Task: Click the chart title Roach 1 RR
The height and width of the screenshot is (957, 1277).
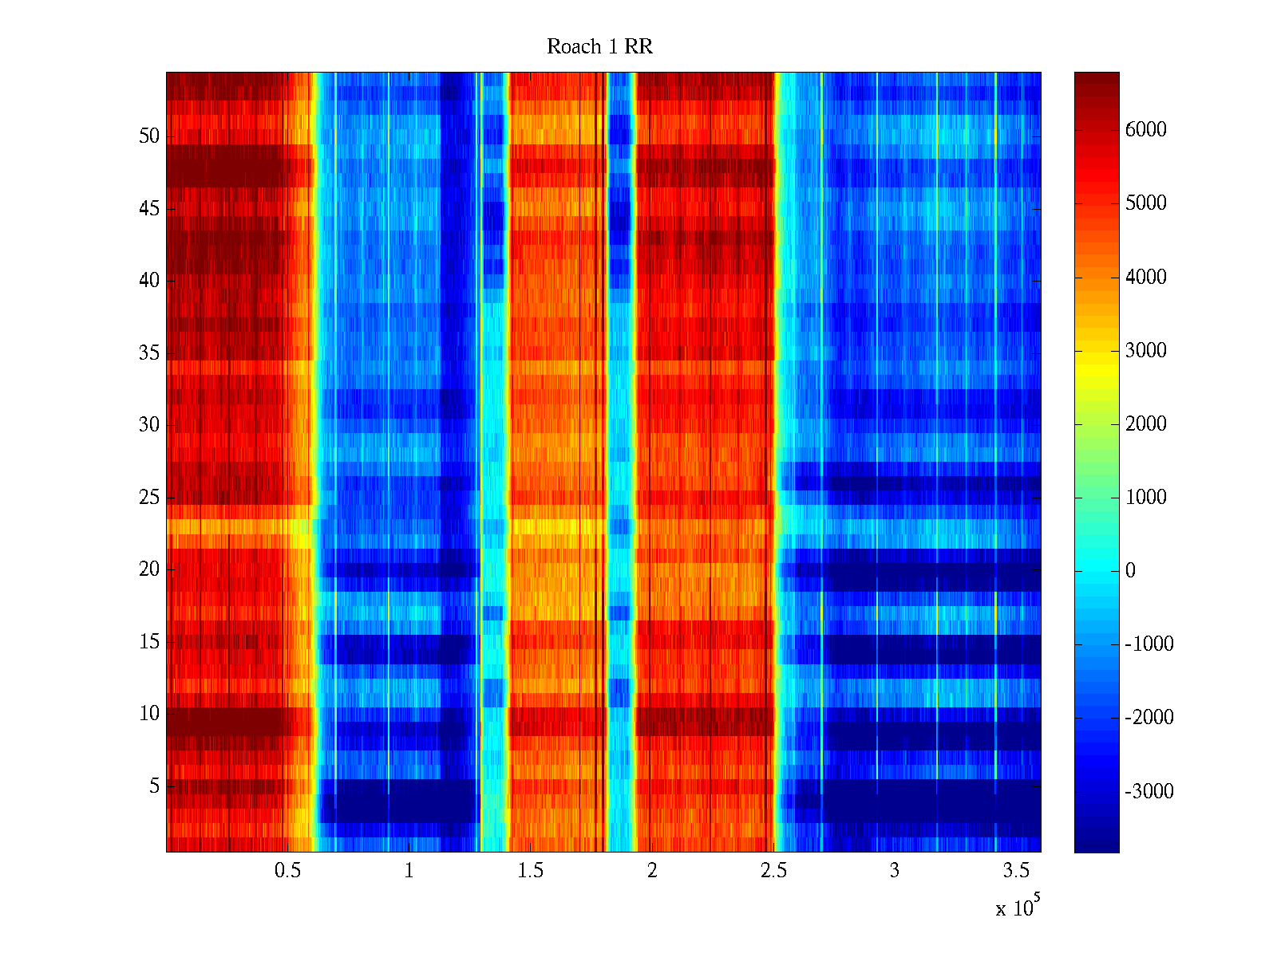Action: point(599,47)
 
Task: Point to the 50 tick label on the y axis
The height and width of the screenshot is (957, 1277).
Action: point(149,136)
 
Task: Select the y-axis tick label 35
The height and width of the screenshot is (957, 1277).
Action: point(149,352)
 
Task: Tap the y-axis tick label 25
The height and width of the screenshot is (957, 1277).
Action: point(149,498)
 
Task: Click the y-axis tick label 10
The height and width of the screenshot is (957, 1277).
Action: point(149,714)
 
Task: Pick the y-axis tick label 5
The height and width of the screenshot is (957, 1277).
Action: point(154,786)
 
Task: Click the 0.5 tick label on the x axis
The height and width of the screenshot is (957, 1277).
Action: point(287,871)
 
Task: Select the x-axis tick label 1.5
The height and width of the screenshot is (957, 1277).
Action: point(530,871)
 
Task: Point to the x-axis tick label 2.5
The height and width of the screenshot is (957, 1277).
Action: point(773,871)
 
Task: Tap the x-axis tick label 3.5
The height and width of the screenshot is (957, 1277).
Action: point(1016,871)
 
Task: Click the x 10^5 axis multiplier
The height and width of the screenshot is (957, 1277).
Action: point(1018,908)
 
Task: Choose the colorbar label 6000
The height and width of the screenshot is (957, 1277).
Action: point(1145,130)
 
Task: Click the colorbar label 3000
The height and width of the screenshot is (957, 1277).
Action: point(1145,350)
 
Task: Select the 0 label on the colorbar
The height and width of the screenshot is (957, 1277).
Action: point(1130,571)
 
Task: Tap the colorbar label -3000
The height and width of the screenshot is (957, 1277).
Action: point(1149,791)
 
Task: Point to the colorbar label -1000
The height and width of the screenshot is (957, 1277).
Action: point(1149,644)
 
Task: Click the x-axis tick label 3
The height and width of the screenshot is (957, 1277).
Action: point(895,871)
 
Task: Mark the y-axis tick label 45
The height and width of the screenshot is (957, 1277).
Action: point(149,209)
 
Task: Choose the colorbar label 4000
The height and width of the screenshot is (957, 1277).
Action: point(1145,277)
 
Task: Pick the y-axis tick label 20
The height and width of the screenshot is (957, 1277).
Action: point(149,569)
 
